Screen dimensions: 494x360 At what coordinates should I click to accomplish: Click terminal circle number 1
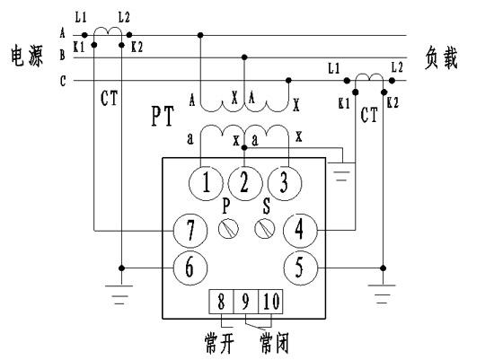point(206,183)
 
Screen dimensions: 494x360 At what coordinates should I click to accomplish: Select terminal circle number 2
point(245,183)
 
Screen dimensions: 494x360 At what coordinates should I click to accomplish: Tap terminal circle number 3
point(284,183)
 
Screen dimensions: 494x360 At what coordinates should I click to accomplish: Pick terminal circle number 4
point(300,230)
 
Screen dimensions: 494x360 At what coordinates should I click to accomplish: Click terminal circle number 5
point(300,268)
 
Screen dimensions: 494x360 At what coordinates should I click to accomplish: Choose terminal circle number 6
point(190,268)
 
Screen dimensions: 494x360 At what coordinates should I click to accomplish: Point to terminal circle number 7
point(190,230)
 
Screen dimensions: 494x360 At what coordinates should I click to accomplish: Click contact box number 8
point(221,302)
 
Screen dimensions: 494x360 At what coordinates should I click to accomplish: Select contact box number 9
point(246,302)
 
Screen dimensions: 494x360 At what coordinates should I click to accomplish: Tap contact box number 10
point(270,302)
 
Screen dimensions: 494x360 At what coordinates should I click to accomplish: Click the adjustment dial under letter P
point(228,229)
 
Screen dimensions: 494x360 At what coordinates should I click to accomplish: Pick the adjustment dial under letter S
point(264,229)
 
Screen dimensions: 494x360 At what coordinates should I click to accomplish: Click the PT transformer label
point(163,117)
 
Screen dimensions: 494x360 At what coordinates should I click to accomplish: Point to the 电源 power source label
point(27,56)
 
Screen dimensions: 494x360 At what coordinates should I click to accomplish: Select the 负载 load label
point(441,57)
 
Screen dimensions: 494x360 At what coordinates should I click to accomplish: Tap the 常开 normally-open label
point(219,343)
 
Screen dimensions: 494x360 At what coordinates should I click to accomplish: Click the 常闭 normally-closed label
point(274,343)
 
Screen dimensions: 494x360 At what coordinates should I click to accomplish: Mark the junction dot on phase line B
point(244,57)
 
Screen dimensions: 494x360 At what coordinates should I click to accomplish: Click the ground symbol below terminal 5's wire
point(383,294)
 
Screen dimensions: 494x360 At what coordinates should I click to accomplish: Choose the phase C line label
point(63,82)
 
